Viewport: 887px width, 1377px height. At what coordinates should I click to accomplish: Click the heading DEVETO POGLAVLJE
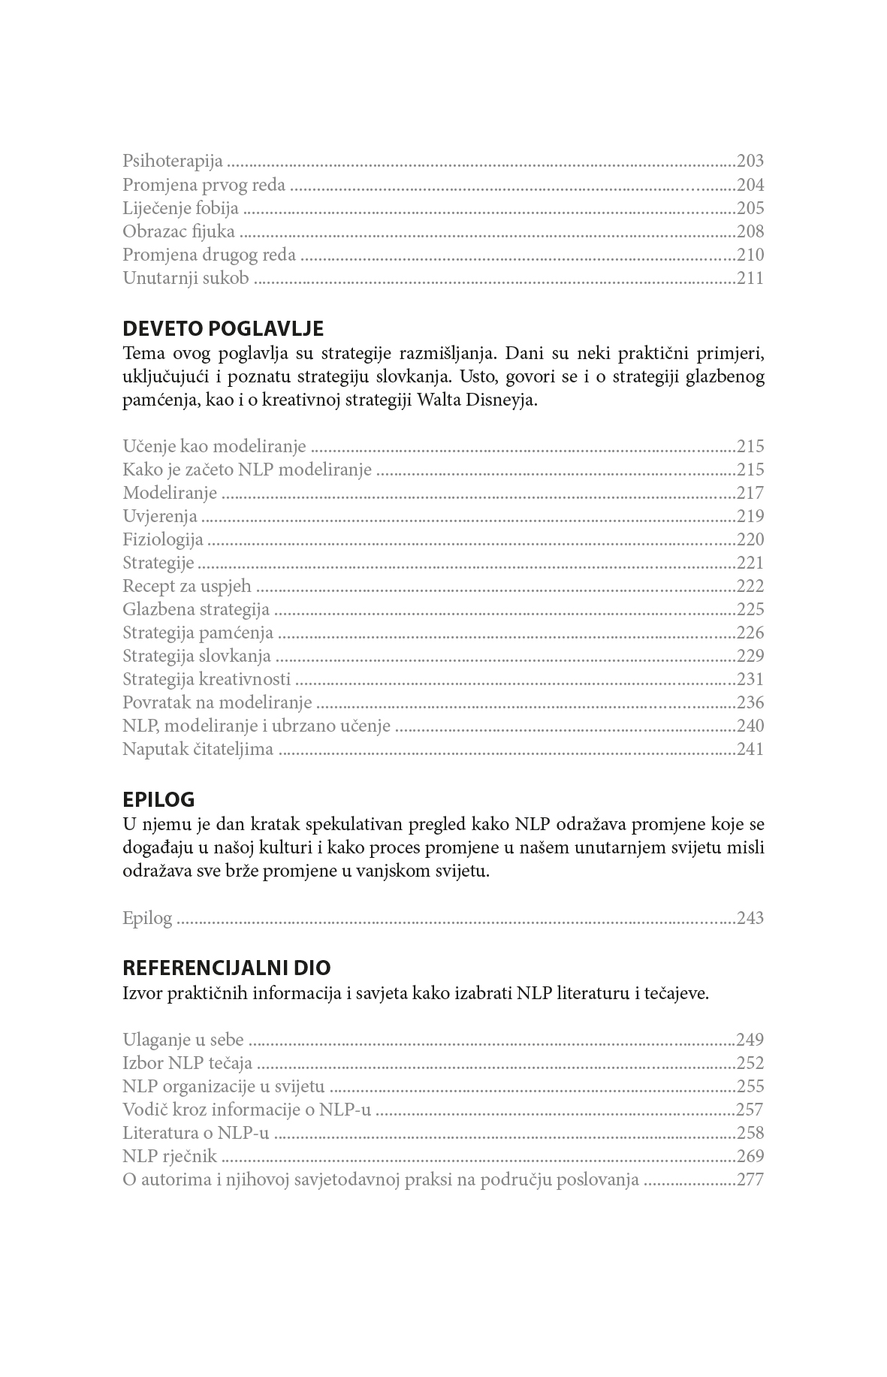222,329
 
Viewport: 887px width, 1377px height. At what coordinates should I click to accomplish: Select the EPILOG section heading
158,799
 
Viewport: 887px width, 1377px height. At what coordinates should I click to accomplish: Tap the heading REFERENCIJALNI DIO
226,968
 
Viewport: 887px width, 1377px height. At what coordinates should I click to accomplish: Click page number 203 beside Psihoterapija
750,162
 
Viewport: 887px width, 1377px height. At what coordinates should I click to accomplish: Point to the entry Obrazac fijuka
179,231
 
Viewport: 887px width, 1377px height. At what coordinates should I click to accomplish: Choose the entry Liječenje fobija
180,208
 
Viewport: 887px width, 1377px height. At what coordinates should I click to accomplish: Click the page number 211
750,278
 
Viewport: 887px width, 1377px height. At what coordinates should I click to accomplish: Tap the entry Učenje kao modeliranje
214,446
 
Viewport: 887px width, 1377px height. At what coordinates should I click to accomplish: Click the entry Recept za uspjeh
187,586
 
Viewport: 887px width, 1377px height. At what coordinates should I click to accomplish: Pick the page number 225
750,609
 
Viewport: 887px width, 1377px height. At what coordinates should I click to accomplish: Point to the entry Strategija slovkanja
197,656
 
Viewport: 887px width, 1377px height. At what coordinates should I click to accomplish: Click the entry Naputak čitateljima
198,749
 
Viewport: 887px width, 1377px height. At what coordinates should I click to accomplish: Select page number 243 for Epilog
750,918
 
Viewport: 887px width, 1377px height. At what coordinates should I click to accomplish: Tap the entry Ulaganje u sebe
183,1040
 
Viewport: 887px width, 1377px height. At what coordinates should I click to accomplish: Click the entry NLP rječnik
170,1156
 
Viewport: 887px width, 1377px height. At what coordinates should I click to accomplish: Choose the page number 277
750,1179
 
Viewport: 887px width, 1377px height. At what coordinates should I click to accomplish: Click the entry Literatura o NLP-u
195,1133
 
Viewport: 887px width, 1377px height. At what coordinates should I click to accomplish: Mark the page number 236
750,702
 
